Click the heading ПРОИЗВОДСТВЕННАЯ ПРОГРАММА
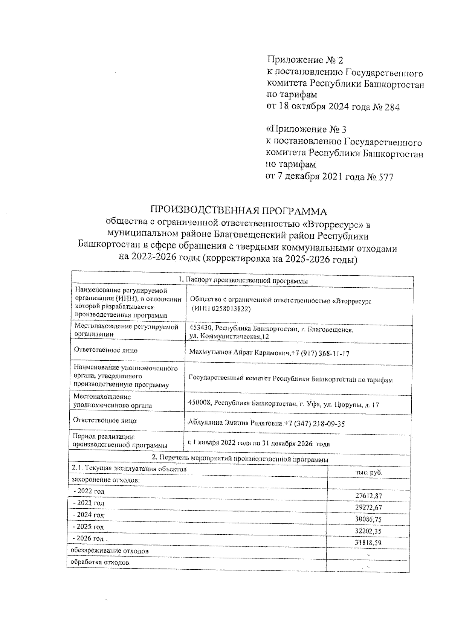(x=238, y=211)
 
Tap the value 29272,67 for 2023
(x=368, y=508)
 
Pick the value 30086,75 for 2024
(x=368, y=520)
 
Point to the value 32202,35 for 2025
(x=368, y=531)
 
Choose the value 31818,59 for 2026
(x=368, y=543)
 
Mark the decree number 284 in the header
(x=392, y=107)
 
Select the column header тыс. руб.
(x=368, y=473)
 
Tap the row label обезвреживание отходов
(x=110, y=551)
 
